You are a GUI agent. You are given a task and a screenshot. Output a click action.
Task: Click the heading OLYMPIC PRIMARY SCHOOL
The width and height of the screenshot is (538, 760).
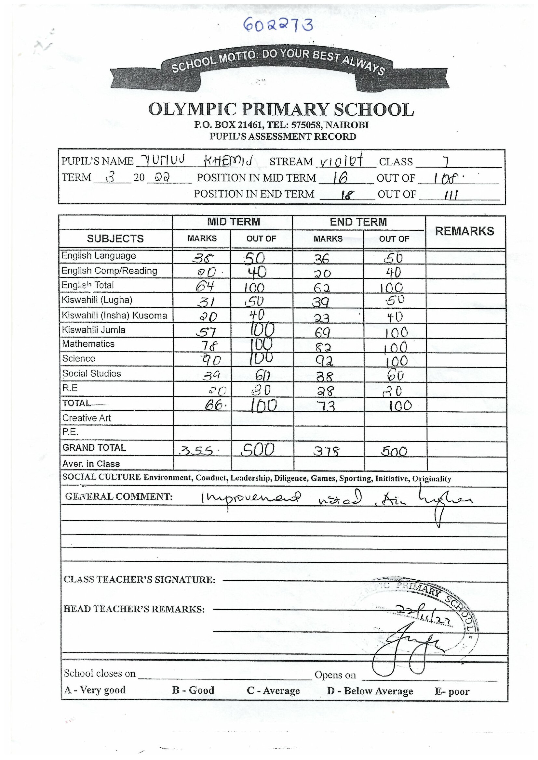281,109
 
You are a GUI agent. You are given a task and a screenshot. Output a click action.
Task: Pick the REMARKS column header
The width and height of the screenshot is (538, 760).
464,231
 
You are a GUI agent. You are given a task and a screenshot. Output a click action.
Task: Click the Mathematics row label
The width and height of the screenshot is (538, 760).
88,344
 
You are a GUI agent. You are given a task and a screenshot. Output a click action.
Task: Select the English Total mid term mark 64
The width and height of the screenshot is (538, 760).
205,286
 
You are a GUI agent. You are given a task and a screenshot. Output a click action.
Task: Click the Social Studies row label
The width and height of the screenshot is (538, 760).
92,373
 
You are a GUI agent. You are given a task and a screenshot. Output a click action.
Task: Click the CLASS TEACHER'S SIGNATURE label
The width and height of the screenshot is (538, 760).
140,580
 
